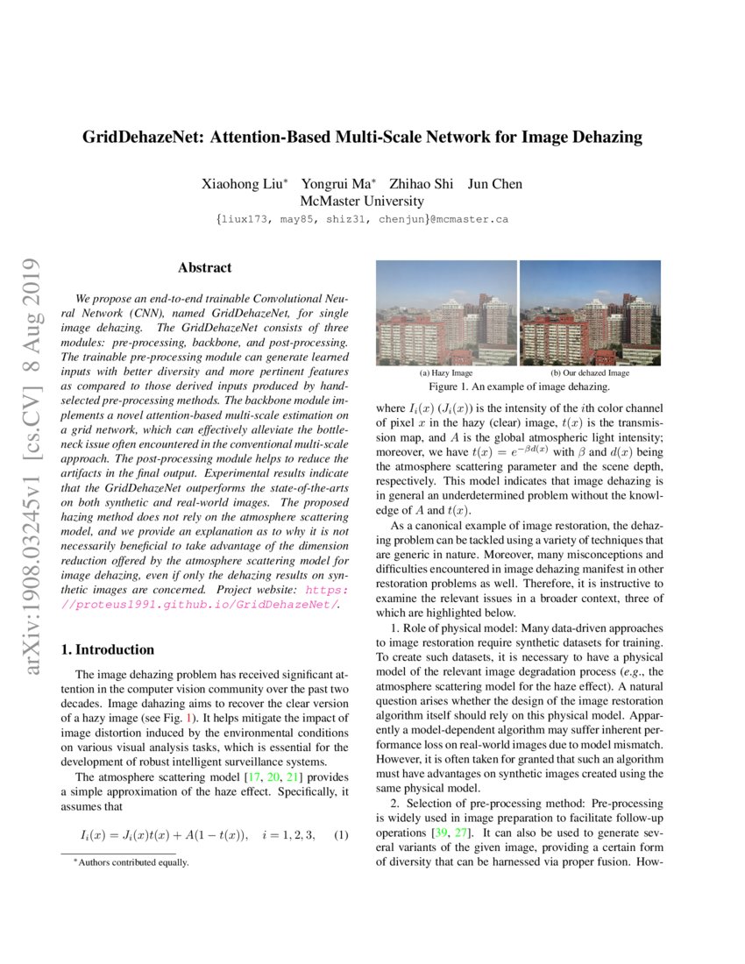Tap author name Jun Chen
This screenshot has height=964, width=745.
(494, 184)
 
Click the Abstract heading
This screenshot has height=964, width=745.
(204, 268)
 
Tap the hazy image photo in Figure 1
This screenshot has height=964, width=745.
(446, 313)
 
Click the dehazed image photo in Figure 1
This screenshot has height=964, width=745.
(590, 313)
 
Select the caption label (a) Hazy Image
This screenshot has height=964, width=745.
(446, 372)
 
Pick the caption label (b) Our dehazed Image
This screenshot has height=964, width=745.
(590, 372)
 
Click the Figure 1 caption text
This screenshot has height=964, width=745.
(518, 386)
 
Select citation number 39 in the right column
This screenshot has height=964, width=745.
(442, 830)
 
